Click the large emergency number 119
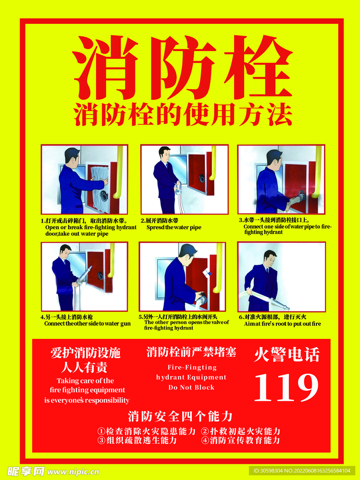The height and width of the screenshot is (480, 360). coord(286,387)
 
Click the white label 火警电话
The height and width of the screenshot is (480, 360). coord(287,355)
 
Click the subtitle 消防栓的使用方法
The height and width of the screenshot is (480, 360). coord(183,114)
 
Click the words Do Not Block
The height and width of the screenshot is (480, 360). coord(191,387)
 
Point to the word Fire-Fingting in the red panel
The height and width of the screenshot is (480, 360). coord(192,367)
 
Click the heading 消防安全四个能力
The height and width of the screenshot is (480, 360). coord(180,416)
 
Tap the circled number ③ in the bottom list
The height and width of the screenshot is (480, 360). coord(101,441)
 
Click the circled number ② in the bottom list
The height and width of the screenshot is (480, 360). coord(205,432)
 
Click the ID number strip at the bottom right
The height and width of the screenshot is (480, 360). coord(302,471)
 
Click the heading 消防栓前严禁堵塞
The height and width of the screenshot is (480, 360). coord(191,352)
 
